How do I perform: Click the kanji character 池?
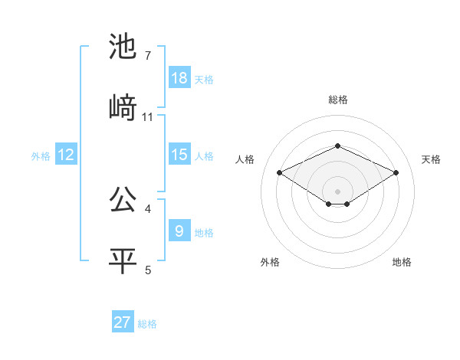pos(123,47)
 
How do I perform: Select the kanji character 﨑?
pos(123,107)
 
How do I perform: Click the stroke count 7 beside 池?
pos(147,56)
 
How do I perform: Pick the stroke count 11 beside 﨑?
pos(148,116)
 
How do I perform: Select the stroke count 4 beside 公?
pos(147,208)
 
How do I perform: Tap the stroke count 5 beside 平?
pos(147,269)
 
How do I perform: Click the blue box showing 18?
pos(179,78)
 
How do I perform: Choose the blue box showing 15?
pos(179,155)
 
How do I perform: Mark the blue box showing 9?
pos(179,231)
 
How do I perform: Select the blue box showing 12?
pos(66,155)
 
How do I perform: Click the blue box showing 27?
pos(123,322)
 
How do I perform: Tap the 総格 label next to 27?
pos(147,324)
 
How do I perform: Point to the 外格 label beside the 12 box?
pos(41,156)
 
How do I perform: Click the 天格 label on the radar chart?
pos(431,159)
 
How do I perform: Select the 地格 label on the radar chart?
pos(402,262)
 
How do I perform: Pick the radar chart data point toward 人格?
pos(280,172)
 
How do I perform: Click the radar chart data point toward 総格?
pos(337,146)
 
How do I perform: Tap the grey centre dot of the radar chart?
pos(337,191)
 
